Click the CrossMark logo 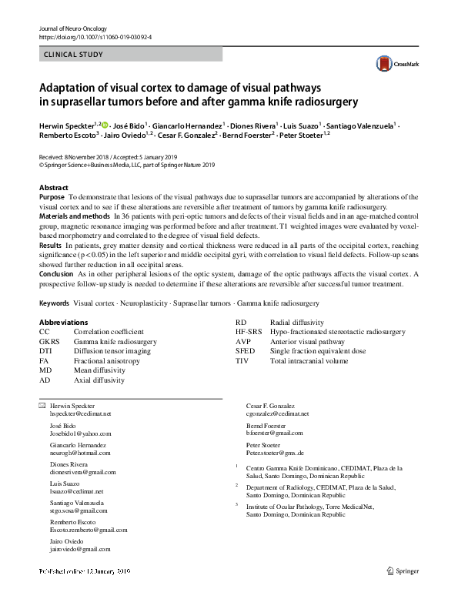393,63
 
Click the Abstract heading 54,188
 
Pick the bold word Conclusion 56,274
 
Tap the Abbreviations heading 63,322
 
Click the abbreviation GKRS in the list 51,341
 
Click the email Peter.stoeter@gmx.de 275,453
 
